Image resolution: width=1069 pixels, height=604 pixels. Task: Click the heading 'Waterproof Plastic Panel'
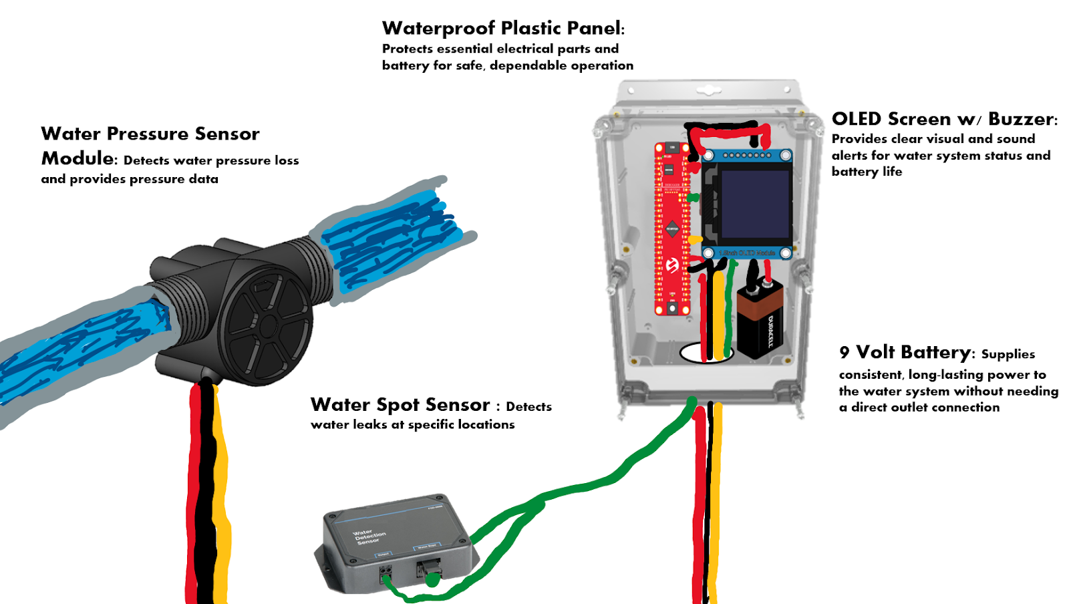[x=502, y=28]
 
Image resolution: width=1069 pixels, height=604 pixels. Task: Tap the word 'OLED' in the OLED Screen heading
[x=857, y=119]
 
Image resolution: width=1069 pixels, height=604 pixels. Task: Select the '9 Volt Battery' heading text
[x=905, y=352]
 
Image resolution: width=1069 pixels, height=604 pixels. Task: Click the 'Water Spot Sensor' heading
[x=400, y=405]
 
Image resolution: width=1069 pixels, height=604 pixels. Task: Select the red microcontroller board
[x=671, y=227]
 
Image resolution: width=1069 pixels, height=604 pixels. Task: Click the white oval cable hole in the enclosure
[x=706, y=352]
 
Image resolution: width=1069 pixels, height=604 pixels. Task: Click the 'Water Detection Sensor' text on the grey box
[x=369, y=537]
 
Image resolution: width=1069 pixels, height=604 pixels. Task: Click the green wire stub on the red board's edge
[x=693, y=198]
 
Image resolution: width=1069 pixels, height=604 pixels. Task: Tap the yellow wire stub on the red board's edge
[x=694, y=239]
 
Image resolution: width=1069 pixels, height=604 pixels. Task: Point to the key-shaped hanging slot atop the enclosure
[x=709, y=89]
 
